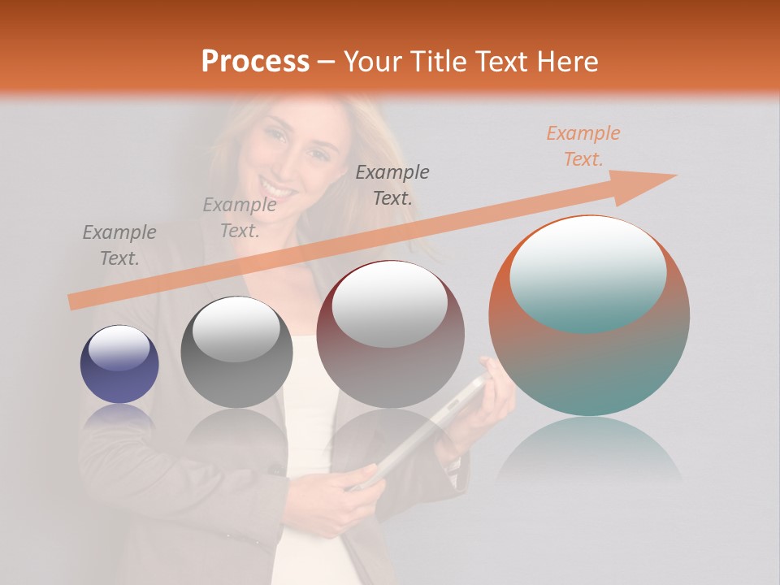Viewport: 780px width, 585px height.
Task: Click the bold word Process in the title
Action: coord(255,62)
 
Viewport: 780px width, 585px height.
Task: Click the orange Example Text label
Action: coord(583,146)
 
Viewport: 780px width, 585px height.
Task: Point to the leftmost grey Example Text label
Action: coord(119,245)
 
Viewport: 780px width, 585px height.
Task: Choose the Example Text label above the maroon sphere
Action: coord(392,184)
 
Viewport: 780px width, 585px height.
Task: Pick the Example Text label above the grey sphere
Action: coord(240,218)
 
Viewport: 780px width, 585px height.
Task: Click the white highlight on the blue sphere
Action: coord(119,348)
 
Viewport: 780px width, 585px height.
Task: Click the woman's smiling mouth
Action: coord(279,189)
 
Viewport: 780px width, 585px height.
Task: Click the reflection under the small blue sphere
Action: coord(119,416)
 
